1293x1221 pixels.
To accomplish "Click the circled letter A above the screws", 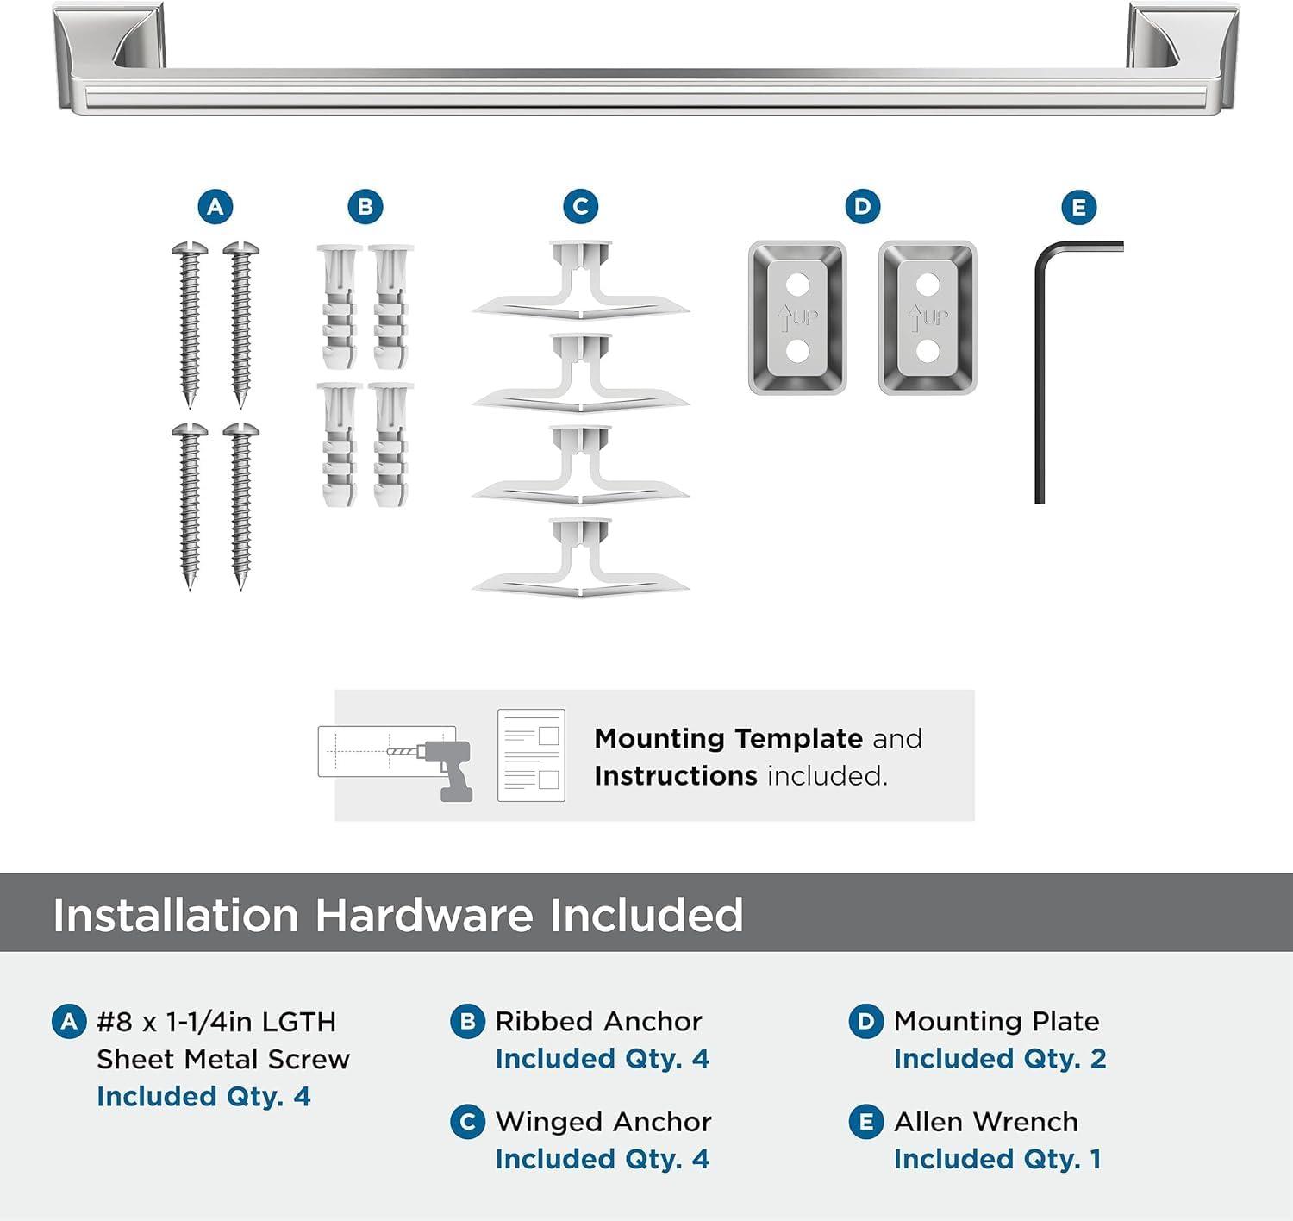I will (x=215, y=207).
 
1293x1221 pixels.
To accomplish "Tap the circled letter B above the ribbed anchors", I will (x=365, y=207).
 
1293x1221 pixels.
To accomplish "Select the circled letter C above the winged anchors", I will (x=580, y=207).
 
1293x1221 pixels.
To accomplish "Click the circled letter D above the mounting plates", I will (x=862, y=207).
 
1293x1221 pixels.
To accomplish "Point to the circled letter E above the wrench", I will (x=1078, y=208).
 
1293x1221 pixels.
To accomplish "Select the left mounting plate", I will (x=797, y=317).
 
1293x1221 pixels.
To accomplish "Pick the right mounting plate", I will (x=928, y=317).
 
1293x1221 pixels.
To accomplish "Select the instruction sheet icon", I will (x=531, y=755).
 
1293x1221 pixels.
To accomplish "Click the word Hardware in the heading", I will (x=423, y=915).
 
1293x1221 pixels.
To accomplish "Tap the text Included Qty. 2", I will (x=1000, y=1059).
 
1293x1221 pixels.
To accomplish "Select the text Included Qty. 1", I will (x=997, y=1159).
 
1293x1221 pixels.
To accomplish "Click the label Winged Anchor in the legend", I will (x=603, y=1121).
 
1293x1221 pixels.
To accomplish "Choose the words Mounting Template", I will (x=728, y=738).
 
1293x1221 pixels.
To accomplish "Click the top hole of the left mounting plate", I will (x=797, y=283).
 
